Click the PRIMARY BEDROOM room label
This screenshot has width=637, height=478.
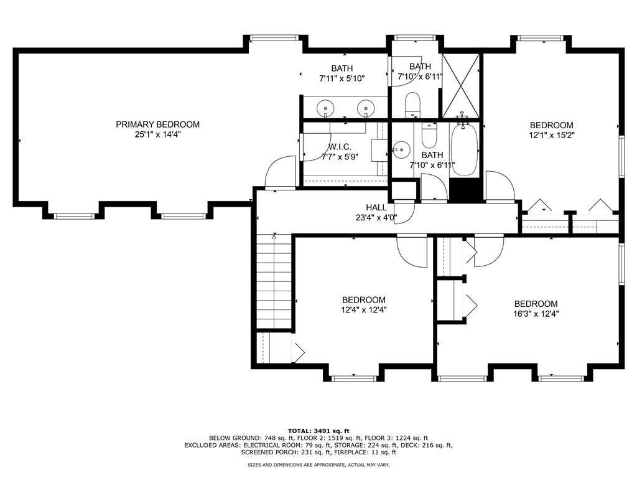click(x=157, y=124)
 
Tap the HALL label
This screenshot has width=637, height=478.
click(x=376, y=208)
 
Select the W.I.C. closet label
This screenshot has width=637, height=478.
click(x=340, y=147)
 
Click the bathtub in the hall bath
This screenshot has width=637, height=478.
click(x=465, y=149)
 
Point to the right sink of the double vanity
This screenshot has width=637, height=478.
click(x=366, y=108)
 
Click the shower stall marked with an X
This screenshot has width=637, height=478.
click(x=460, y=86)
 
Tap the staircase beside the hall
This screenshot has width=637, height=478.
click(x=274, y=281)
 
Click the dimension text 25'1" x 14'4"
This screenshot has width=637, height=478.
click(x=157, y=134)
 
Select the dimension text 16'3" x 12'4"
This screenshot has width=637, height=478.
click(x=536, y=314)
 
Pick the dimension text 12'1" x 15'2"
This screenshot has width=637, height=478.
click(x=552, y=135)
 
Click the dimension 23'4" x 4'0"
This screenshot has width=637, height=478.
click(x=376, y=218)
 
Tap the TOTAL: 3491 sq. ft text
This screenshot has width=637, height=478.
click(x=318, y=431)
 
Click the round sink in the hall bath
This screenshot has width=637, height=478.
click(x=401, y=149)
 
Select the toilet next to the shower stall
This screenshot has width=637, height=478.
click(x=413, y=105)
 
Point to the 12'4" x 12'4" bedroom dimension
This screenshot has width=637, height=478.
click(x=363, y=310)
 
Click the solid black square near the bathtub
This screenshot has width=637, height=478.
click(x=465, y=190)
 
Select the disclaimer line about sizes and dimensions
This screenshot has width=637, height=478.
click(x=318, y=464)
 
